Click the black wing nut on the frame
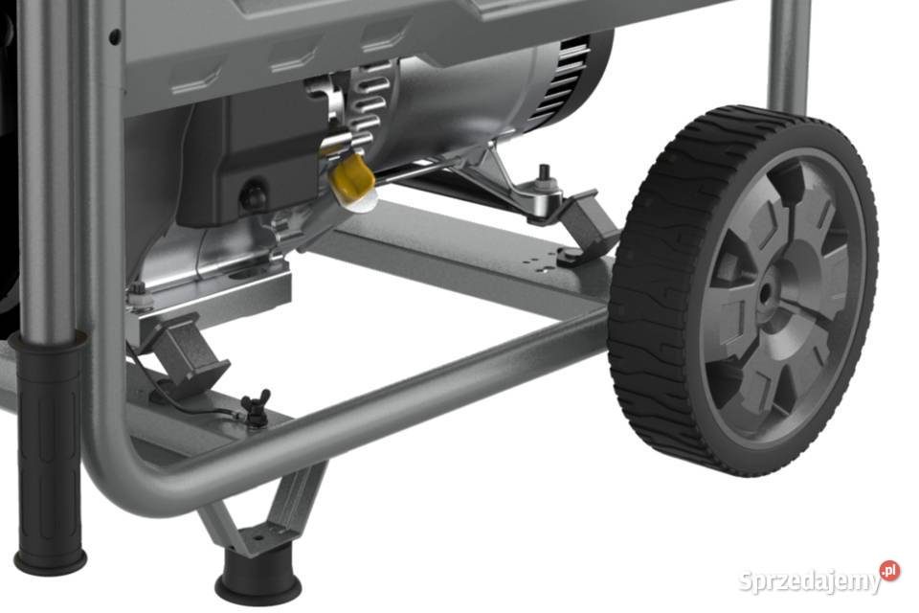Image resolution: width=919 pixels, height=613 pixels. (257, 406)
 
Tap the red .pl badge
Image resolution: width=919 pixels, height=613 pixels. (889, 570)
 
